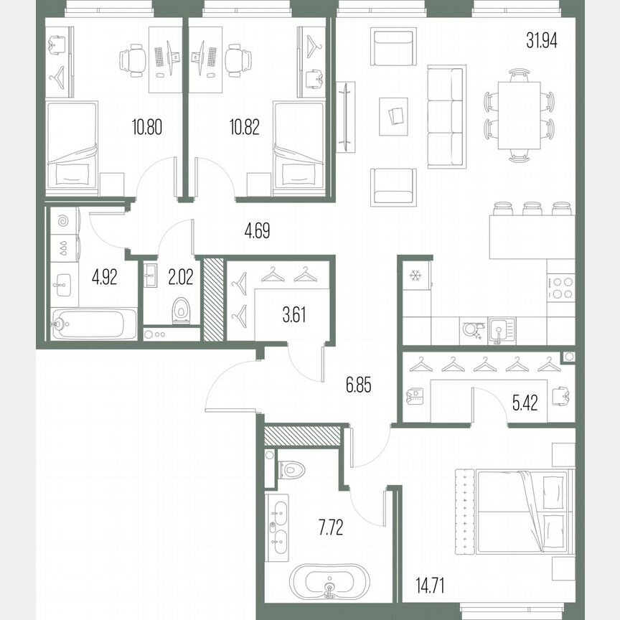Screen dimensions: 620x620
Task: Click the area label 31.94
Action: pyautogui.click(x=542, y=40)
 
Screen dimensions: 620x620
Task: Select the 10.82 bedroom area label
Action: pyautogui.click(x=244, y=128)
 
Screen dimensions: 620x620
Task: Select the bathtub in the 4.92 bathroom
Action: pyautogui.click(x=95, y=324)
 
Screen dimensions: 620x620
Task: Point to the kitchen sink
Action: pyautogui.click(x=498, y=331)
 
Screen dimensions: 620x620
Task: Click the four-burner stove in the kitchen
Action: pyautogui.click(x=560, y=287)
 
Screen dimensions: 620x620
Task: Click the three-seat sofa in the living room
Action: pyautogui.click(x=446, y=117)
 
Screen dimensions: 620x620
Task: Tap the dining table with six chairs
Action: pyautogui.click(x=520, y=115)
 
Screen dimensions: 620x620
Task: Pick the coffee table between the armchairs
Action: pyautogui.click(x=394, y=115)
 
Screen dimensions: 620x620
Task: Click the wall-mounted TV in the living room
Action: pyautogui.click(x=345, y=117)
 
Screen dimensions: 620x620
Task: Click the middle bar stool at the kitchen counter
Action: pyautogui.click(x=532, y=209)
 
